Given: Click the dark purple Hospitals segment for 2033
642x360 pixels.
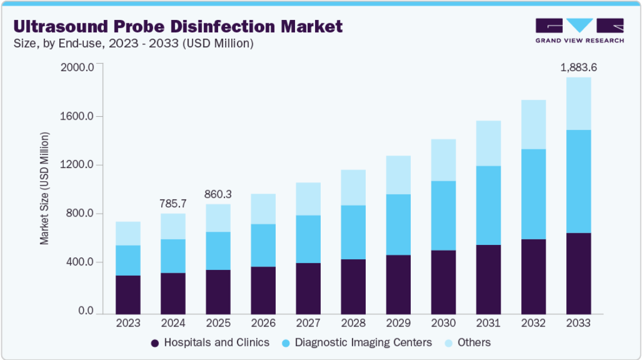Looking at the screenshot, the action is click(579, 273).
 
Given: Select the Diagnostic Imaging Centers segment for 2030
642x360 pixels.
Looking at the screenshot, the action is click(443, 215).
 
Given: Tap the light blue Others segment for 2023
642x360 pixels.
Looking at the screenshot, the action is click(128, 234).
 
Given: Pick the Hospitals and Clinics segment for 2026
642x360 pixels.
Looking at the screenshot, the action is click(263, 291).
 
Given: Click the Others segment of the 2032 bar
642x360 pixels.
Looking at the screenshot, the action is click(534, 125).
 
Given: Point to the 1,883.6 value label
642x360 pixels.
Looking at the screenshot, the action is click(579, 68).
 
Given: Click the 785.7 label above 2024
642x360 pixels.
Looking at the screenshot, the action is click(173, 203).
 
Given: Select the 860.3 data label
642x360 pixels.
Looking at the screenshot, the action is click(218, 194).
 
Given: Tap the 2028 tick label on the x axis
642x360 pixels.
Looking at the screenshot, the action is click(353, 323).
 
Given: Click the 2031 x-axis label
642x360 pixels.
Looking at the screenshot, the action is click(488, 323).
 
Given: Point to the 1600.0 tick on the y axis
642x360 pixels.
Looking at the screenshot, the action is click(77, 116).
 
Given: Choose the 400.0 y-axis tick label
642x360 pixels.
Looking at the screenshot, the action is click(80, 262).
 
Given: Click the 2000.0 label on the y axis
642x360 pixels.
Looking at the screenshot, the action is click(77, 67).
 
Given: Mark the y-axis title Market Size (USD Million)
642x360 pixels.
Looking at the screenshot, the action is click(44, 189).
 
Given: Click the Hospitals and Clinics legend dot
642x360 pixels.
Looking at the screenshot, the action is click(155, 343).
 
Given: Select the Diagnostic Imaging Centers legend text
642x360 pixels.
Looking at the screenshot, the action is click(363, 342).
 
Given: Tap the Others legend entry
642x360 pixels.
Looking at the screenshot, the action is click(468, 342).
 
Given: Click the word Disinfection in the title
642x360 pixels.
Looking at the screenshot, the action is click(223, 26).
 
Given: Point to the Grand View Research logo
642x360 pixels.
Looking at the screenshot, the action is click(580, 31).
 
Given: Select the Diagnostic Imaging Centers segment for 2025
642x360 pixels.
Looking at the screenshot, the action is click(218, 251).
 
